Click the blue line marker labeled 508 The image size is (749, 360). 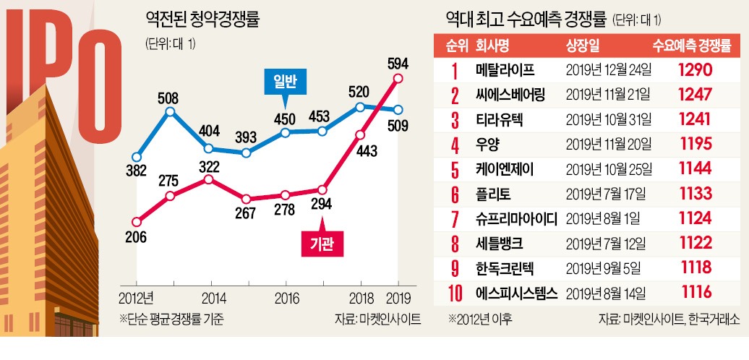[171, 111]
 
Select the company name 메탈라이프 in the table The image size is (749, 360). [505, 71]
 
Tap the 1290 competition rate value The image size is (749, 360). [695, 71]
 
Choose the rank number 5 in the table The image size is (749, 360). [455, 170]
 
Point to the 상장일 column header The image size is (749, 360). [582, 46]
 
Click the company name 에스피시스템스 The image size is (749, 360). [515, 293]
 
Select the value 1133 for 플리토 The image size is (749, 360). [695, 194]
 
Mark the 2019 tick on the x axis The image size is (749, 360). [398, 298]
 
